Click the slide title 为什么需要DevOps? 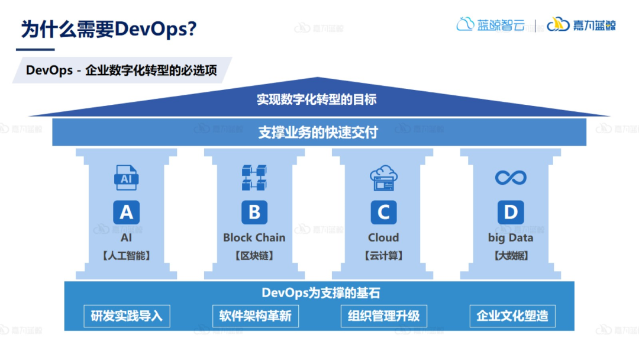click(109, 28)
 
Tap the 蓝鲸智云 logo click(490, 25)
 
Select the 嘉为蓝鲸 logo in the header click(581, 25)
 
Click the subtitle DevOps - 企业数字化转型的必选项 click(121, 70)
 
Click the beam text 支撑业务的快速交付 click(318, 132)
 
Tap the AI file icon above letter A click(126, 178)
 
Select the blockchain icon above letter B click(254, 178)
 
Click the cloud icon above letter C click(383, 178)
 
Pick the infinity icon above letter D click(511, 177)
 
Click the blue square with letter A click(127, 212)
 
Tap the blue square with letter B click(254, 212)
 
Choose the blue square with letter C click(383, 212)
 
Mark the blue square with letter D click(511, 212)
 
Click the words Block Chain click(254, 237)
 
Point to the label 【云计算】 click(383, 256)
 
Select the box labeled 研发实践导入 click(127, 316)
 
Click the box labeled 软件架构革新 click(255, 316)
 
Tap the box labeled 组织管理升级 click(383, 316)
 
